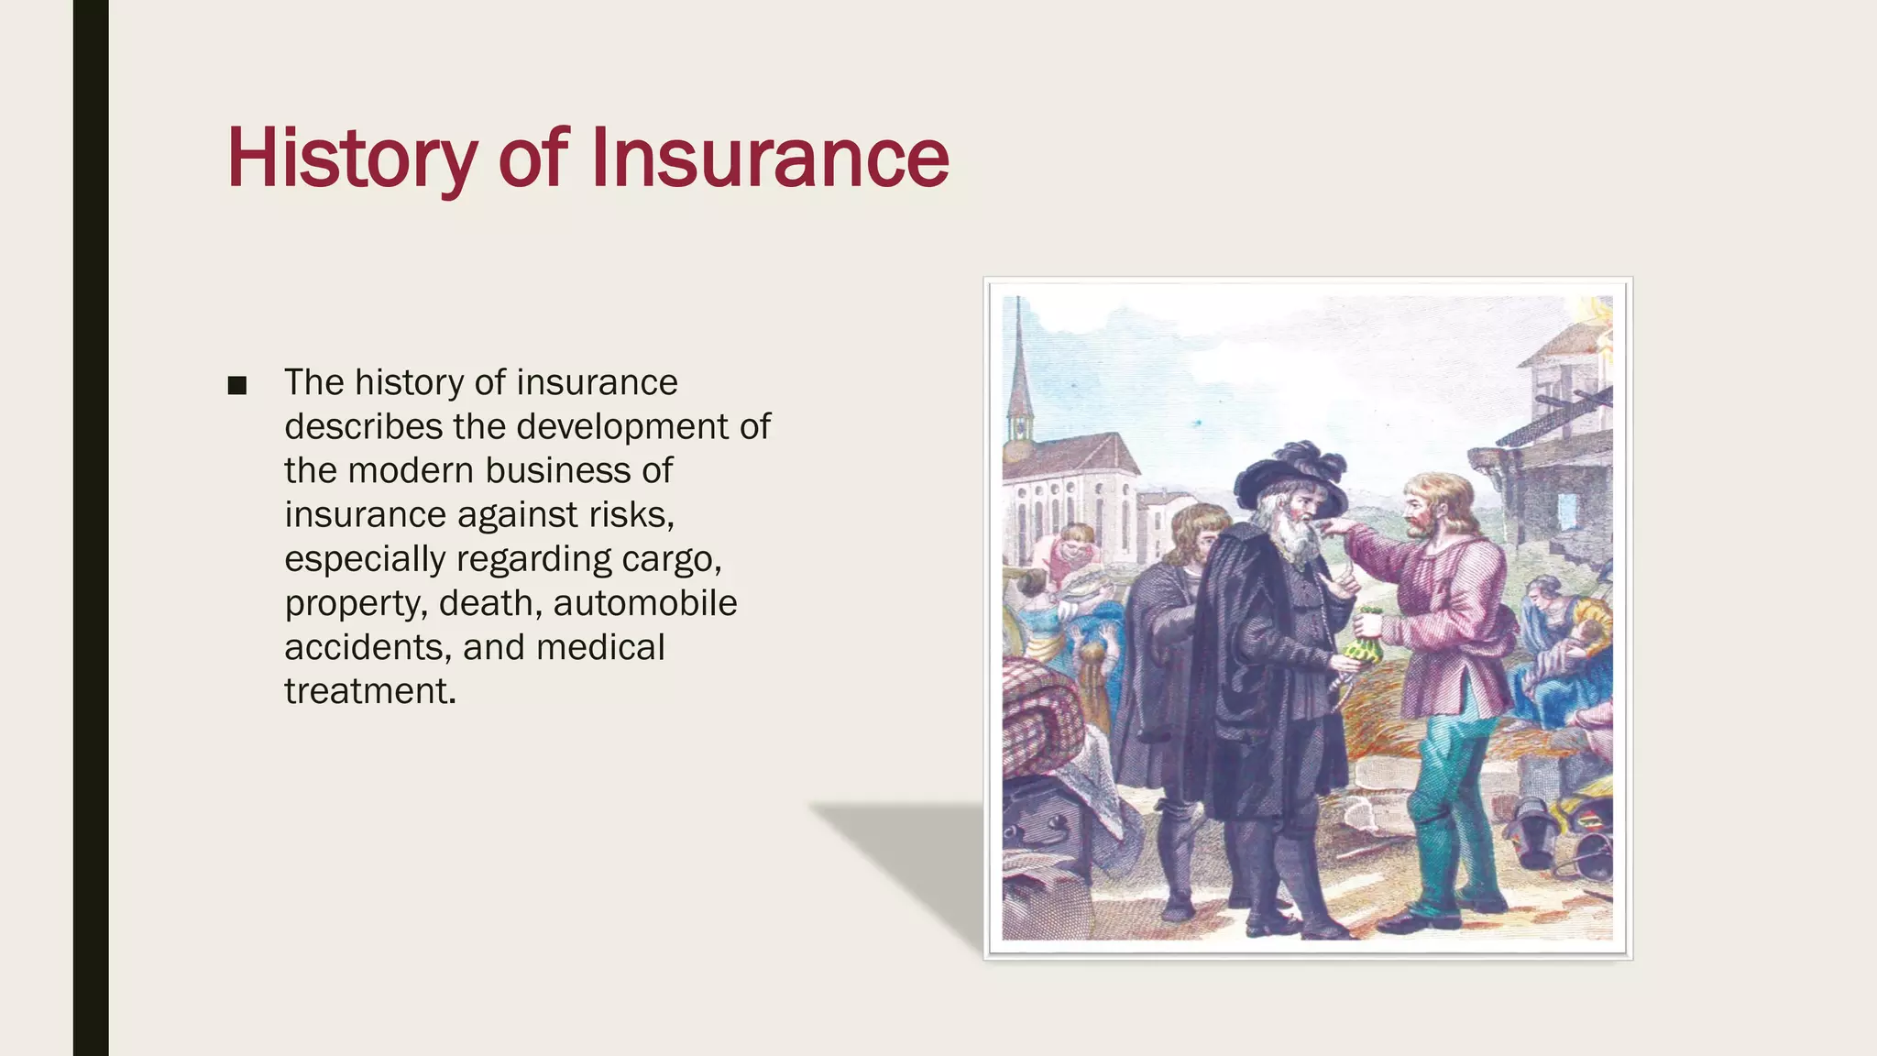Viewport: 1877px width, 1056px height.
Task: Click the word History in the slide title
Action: (x=351, y=159)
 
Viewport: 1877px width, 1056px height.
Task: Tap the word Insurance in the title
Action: (x=770, y=159)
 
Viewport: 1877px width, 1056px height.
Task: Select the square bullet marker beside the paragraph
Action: (x=237, y=385)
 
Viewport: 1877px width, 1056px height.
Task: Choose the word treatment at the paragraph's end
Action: (x=368, y=691)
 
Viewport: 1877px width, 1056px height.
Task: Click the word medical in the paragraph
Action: (x=600, y=647)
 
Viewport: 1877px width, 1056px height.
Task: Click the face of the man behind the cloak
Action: (x=1191, y=541)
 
